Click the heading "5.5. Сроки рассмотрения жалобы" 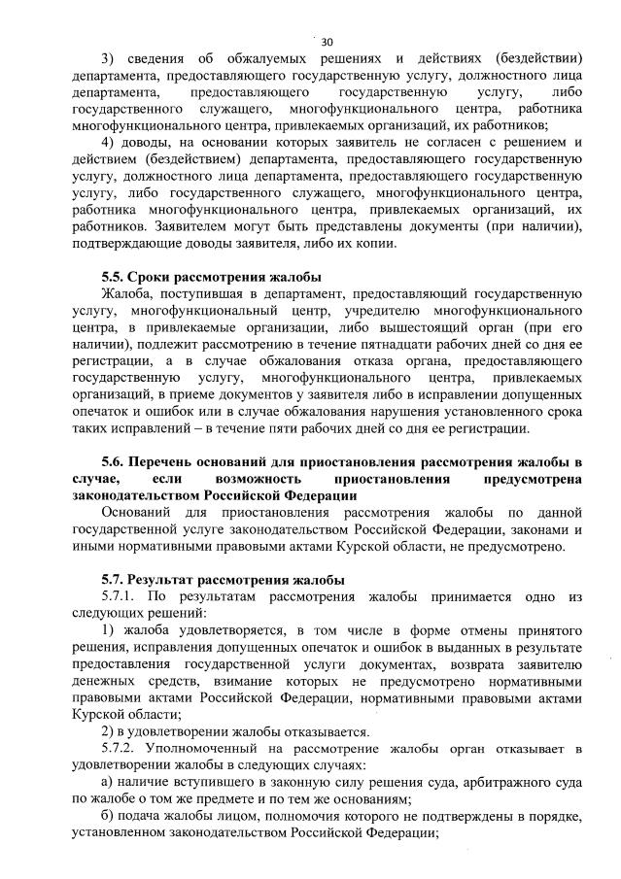point(211,277)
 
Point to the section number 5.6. point(114,461)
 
